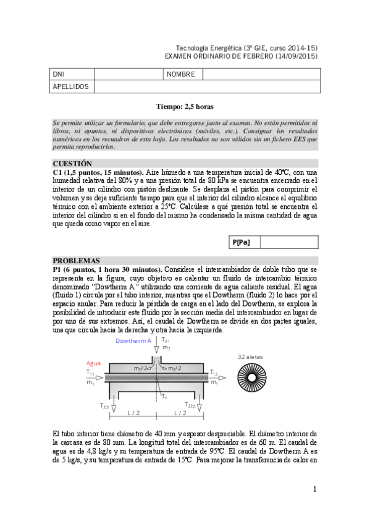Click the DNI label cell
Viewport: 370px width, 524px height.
[59, 74]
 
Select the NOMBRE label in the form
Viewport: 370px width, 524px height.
[181, 74]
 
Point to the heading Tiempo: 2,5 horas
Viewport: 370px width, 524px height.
[185, 106]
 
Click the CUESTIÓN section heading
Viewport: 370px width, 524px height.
[72, 163]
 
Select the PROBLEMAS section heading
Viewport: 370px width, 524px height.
[76, 261]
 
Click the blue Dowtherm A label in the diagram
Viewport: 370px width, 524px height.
[133, 341]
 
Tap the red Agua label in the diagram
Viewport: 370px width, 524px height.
[93, 363]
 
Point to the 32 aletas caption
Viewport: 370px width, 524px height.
[251, 357]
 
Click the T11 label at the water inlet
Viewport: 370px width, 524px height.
[90, 374]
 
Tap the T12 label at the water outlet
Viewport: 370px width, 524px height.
[214, 373]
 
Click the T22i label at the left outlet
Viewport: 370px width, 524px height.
[105, 405]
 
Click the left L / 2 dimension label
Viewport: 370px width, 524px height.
[133, 412]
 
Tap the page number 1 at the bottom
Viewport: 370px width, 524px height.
[314, 489]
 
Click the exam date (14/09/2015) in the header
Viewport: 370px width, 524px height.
[291, 55]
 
